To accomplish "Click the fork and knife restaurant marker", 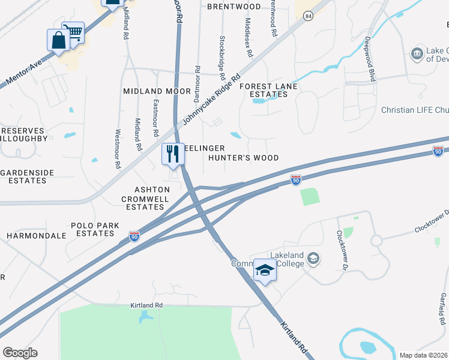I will pos(173,154).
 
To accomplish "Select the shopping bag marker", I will pos(59,41).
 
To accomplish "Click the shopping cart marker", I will pos(74,32).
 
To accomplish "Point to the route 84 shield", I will pos(308,16).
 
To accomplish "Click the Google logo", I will pos(20,353).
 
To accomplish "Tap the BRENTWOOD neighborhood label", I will pos(234,7).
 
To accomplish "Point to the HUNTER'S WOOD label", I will pos(244,158).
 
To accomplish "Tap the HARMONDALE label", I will pos(36,236).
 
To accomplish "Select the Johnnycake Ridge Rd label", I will pos(211,100).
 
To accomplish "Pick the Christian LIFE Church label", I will pos(415,110).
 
